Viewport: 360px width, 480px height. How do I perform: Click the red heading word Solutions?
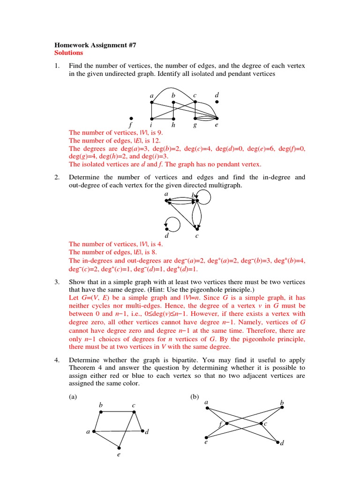click(x=69, y=53)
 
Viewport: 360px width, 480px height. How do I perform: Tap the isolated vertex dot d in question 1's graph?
click(x=217, y=101)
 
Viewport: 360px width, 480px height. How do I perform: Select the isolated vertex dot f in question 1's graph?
click(x=131, y=118)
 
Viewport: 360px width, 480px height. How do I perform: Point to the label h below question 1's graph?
click(x=173, y=125)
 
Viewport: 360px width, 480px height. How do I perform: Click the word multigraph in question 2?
click(x=223, y=186)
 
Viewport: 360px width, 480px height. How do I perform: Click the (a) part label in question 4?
click(x=73, y=397)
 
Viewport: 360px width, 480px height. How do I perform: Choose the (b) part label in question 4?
click(x=195, y=397)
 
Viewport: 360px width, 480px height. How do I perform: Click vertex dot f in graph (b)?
click(x=226, y=424)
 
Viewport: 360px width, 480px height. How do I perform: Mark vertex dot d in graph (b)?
click(x=277, y=442)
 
